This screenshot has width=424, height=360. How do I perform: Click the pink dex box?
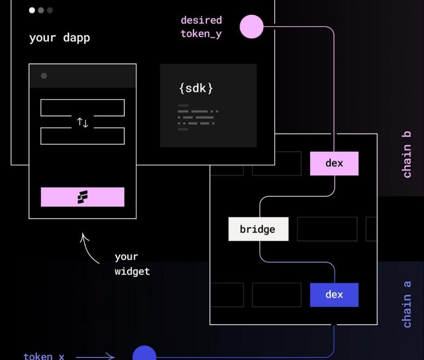click(334, 163)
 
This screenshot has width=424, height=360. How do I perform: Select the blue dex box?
click(334, 295)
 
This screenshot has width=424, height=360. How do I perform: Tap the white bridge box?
click(258, 229)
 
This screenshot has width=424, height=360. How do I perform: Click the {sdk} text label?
click(196, 88)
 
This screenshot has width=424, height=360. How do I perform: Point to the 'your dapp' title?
click(60, 38)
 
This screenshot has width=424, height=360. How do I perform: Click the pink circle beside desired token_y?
click(251, 26)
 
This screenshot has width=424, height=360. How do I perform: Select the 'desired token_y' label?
click(201, 27)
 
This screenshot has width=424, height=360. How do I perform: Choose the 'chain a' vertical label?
click(407, 304)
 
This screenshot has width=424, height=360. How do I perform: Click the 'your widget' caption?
click(132, 264)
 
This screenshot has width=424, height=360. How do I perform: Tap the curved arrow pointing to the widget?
click(89, 249)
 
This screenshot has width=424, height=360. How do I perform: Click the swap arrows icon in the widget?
click(82, 122)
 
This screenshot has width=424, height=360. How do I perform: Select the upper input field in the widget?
click(82, 108)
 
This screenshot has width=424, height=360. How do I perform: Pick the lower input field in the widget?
click(82, 136)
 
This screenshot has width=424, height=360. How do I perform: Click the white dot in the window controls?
click(32, 10)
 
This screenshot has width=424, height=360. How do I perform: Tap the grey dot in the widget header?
click(44, 76)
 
